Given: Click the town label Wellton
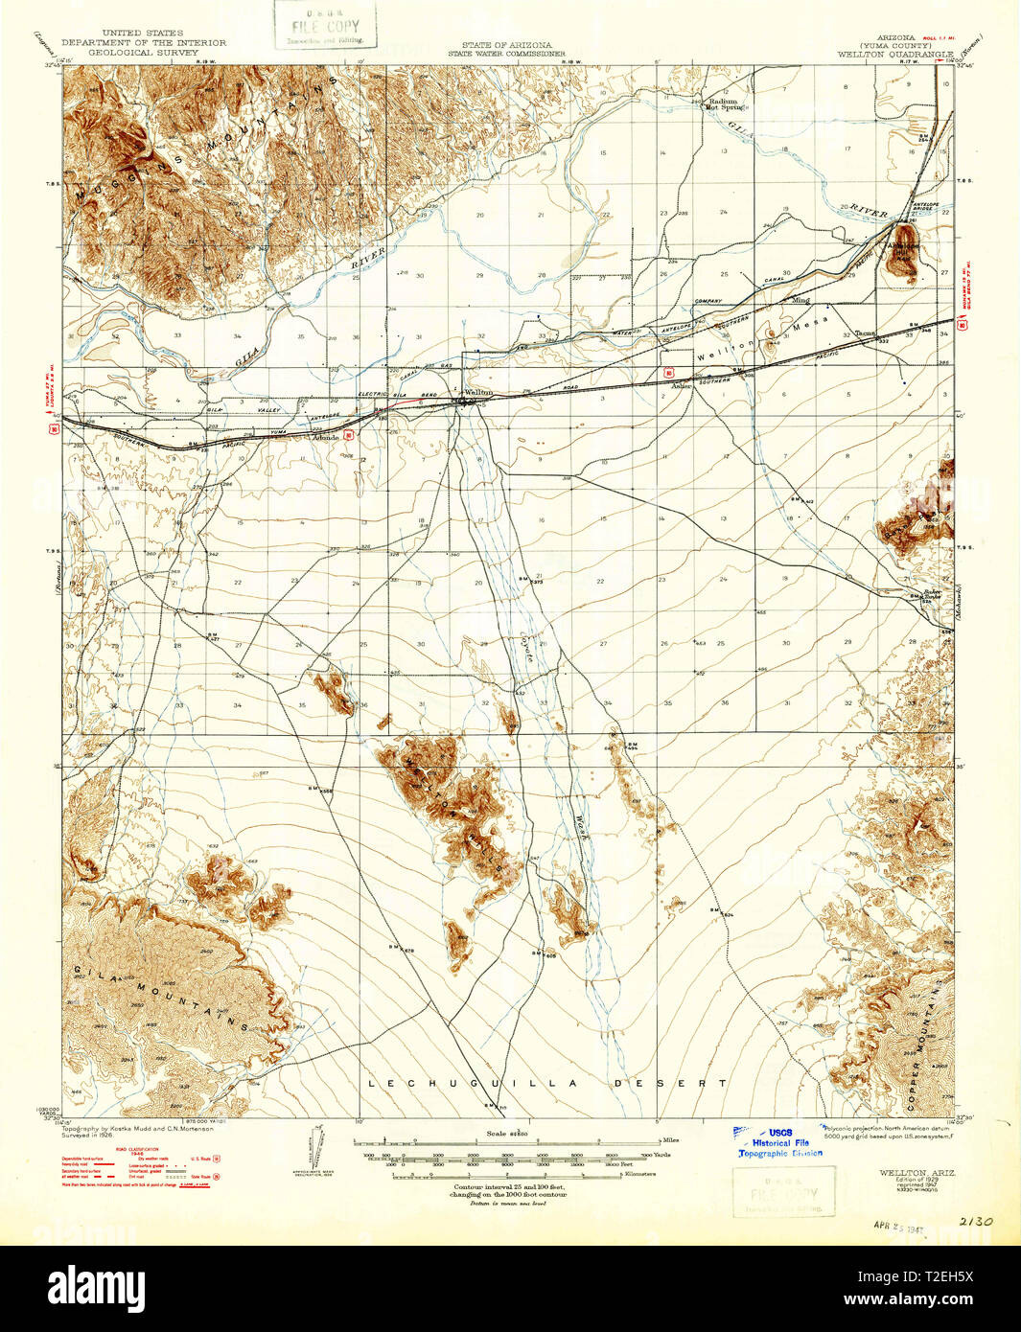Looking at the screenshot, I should pos(477,392).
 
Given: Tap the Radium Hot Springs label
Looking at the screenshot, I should pos(727,103).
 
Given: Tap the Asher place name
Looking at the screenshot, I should pos(682,386).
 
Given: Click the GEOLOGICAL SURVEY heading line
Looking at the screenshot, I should pos(144,54).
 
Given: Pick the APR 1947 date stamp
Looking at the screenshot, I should pos(897,1224).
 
